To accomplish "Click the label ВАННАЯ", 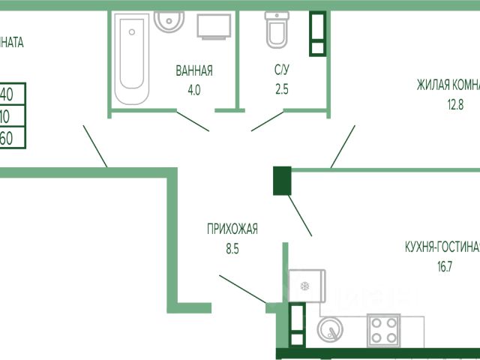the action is (x=194, y=71).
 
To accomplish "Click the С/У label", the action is (x=282, y=71).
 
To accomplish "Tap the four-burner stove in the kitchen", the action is (x=384, y=331).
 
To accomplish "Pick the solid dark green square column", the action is (x=282, y=181).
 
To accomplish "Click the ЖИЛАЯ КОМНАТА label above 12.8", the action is (x=448, y=85).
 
